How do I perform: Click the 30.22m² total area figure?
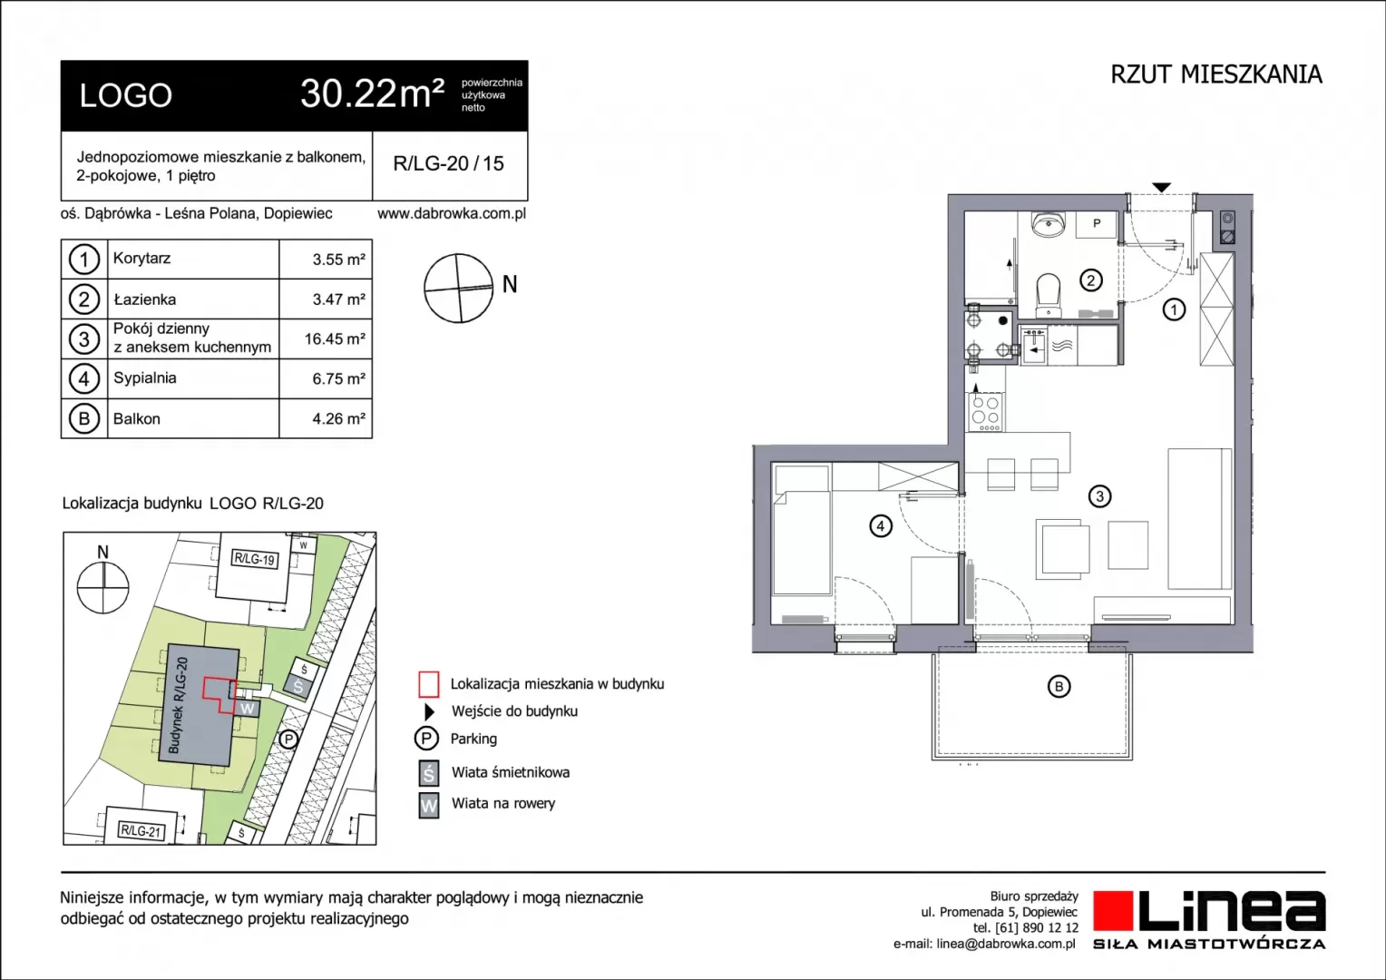click(372, 93)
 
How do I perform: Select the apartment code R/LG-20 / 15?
click(449, 163)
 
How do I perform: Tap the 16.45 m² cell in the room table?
click(335, 338)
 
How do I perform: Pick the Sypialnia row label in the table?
click(145, 378)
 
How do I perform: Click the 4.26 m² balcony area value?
click(338, 418)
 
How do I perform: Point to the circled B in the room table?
click(84, 418)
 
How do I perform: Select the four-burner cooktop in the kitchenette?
click(986, 411)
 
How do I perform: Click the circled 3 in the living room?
click(1099, 495)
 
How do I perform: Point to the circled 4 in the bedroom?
click(881, 526)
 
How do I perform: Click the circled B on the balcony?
click(1059, 687)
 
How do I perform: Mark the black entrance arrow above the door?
click(1161, 188)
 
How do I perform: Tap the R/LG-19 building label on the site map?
click(254, 559)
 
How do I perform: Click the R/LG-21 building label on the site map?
click(142, 831)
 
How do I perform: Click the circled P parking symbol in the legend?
click(426, 739)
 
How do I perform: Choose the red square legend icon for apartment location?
click(429, 684)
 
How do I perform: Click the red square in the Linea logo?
click(1112, 910)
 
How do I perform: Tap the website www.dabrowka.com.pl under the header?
click(452, 213)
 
